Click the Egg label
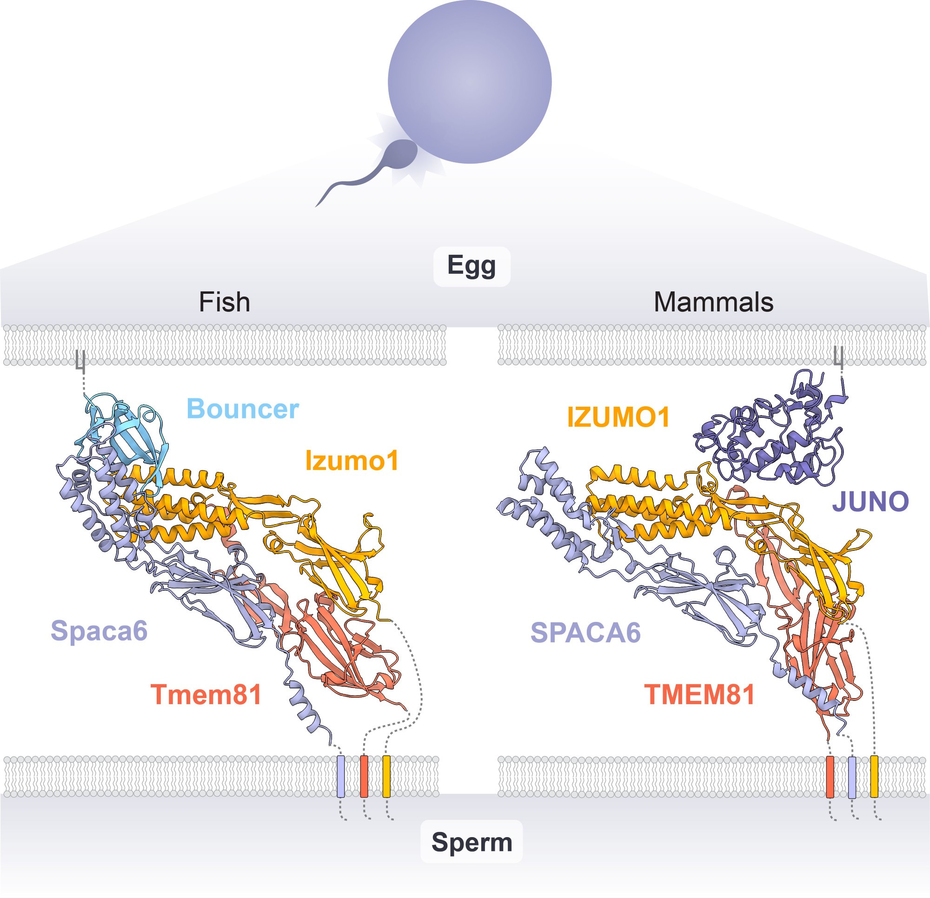click(472, 266)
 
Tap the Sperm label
click(472, 842)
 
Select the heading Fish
click(224, 302)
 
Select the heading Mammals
click(714, 302)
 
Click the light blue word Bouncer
click(243, 409)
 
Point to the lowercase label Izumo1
click(352, 460)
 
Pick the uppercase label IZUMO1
click(618, 417)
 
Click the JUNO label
click(870, 502)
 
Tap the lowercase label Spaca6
click(99, 631)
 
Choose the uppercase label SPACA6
click(585, 632)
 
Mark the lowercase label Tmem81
click(206, 694)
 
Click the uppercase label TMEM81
click(699, 694)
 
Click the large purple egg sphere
click(470, 82)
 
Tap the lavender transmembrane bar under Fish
click(341, 777)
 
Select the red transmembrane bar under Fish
click(364, 777)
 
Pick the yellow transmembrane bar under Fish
click(386, 777)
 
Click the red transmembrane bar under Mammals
click(830, 777)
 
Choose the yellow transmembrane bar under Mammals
click(874, 777)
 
